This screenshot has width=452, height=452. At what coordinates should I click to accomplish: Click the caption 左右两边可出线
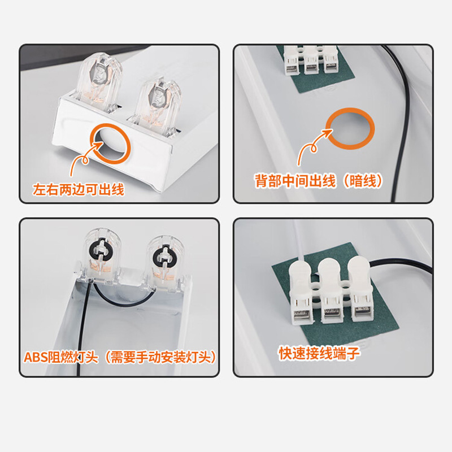pos(79,190)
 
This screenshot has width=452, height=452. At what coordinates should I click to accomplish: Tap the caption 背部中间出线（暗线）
pos(319,181)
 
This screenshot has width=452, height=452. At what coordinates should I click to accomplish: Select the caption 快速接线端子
pos(319,353)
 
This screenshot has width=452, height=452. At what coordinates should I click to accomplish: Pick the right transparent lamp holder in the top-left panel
pos(156,104)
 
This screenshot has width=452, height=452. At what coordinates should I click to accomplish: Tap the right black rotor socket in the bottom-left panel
pos(164,257)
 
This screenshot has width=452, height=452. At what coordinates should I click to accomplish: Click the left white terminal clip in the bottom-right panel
pos(301,291)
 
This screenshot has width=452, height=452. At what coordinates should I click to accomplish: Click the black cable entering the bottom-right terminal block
pos(401,262)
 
